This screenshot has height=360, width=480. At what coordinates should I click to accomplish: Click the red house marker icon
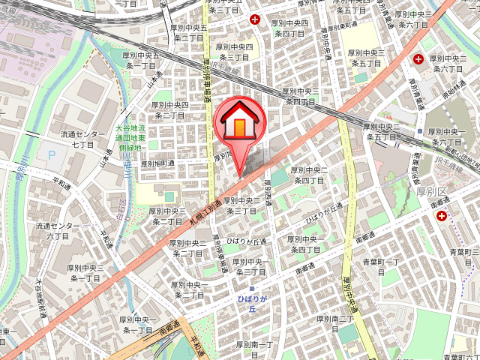tap(239, 120)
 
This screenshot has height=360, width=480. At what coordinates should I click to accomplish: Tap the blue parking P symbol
tap(52, 156)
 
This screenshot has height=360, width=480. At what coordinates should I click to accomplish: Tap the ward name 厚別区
tap(432, 193)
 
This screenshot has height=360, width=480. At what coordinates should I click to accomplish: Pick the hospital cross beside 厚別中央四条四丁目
tap(256, 19)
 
